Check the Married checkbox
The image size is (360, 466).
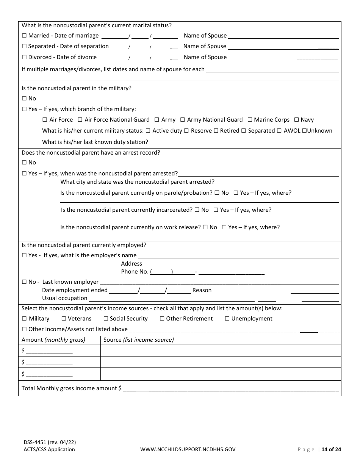[24, 36]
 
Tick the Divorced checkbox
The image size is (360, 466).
[24, 57]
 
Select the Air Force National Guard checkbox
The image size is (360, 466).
[80, 120]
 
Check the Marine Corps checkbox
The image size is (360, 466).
[250, 120]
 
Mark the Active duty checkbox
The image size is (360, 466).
[149, 131]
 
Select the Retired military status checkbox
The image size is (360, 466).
[216, 131]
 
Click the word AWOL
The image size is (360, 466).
[292, 131]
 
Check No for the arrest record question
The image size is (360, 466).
[24, 163]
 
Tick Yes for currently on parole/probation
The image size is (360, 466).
[236, 193]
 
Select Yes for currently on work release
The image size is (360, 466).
[224, 227]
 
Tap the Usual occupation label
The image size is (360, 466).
[64, 299]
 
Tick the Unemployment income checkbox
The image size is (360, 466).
[227, 319]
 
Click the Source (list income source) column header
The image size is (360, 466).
[138, 340]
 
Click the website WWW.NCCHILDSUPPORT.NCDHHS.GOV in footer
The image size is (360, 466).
[188, 450]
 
